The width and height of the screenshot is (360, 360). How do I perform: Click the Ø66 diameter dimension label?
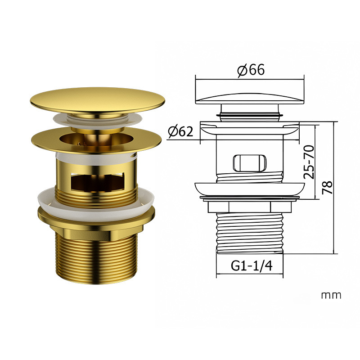[x=251, y=70]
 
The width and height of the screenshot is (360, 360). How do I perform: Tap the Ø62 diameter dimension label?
[x=180, y=131]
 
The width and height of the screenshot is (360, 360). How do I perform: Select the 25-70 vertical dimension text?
[x=309, y=162]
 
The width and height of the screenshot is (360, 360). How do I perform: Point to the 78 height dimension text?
[x=327, y=188]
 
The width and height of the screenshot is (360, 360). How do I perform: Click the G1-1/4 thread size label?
[x=252, y=266]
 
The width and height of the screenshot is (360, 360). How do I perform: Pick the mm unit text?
[x=331, y=296]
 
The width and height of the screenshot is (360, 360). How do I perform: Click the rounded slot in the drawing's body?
[x=250, y=163]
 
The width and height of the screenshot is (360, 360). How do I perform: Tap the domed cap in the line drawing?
[x=250, y=98]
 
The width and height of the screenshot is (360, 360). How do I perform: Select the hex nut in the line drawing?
[x=250, y=207]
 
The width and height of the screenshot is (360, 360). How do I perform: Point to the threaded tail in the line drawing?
[x=250, y=233]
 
